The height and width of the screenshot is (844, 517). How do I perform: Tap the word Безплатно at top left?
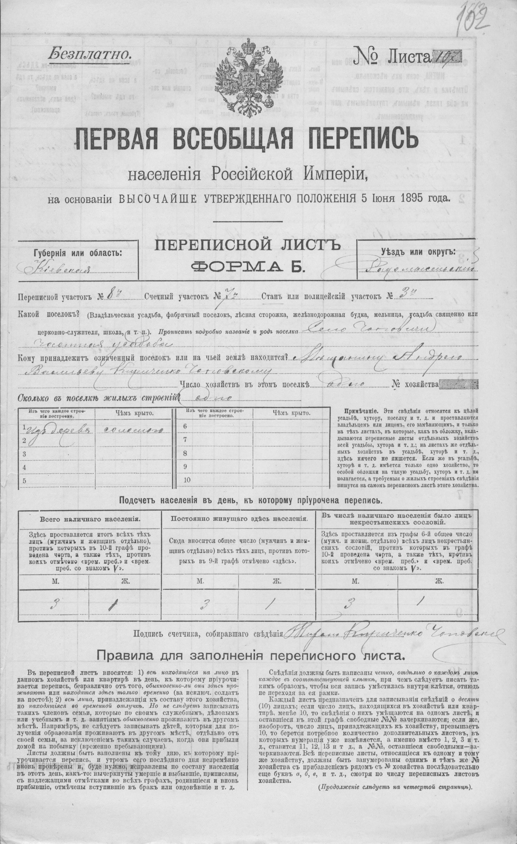coord(90,53)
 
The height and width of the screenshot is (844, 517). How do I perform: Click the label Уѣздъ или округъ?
coord(418,252)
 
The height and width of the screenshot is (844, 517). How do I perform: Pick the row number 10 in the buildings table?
coord(187,480)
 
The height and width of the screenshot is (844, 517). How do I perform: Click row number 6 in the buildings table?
coord(186,426)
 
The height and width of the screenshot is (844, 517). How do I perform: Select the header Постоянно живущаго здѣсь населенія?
coord(239,519)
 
